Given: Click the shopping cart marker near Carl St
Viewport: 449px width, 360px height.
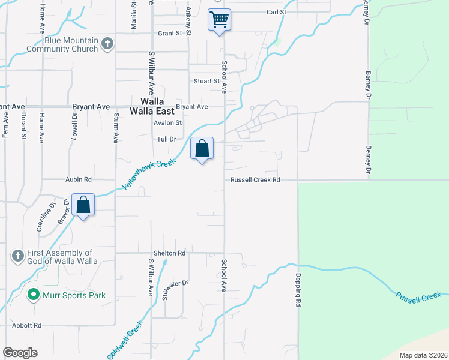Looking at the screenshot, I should click(220, 20).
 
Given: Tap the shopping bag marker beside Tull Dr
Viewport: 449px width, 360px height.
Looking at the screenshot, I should click(202, 148).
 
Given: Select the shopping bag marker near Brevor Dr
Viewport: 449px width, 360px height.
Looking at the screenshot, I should click(83, 205).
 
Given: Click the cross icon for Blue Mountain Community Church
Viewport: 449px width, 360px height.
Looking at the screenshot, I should click(107, 44).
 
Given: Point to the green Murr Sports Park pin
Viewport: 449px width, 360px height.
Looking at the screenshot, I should click(34, 295).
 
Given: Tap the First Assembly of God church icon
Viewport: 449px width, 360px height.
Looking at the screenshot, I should click(17, 256).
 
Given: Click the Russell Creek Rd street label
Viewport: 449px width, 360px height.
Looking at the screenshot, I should click(255, 179).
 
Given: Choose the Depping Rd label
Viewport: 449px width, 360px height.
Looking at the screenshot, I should click(297, 292).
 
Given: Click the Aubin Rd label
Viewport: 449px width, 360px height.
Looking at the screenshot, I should click(79, 179).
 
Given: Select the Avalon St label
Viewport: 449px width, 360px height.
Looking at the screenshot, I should click(167, 123).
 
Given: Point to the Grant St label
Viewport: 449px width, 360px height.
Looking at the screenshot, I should click(170, 34).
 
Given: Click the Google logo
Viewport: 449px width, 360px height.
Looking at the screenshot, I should click(20, 353).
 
